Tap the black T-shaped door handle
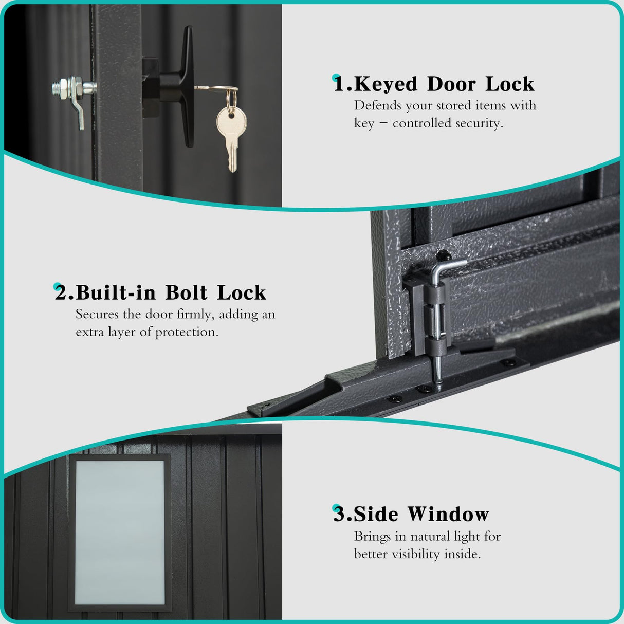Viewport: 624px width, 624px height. coord(176,87)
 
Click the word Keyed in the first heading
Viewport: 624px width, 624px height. coord(386,84)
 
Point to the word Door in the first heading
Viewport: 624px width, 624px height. coord(451,84)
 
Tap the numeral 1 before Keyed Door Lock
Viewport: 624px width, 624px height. coord(339,84)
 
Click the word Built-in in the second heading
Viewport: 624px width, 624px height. coord(116,293)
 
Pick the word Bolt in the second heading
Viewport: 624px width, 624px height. coord(186,293)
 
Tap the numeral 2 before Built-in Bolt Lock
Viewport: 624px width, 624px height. coord(62,293)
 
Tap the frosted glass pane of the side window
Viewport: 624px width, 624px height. coord(120,533)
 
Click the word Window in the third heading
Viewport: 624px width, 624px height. coord(448,514)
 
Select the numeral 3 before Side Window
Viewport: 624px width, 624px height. coord(339,514)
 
